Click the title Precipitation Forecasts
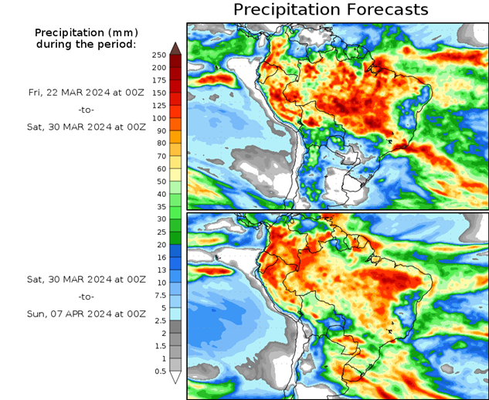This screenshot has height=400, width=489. [x=330, y=10]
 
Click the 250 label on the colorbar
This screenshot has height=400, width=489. [x=158, y=55]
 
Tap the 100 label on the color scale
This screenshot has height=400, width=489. [x=158, y=118]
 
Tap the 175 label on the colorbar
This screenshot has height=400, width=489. [x=158, y=80]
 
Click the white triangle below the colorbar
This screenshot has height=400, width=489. [x=175, y=378]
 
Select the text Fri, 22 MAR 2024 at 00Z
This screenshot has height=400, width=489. [x=86, y=93]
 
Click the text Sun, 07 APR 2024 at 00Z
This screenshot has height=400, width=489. [x=86, y=314]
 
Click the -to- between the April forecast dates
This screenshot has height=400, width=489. [x=86, y=297]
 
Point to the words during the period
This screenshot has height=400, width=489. [x=86, y=44]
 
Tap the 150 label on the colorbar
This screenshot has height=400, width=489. [x=158, y=93]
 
